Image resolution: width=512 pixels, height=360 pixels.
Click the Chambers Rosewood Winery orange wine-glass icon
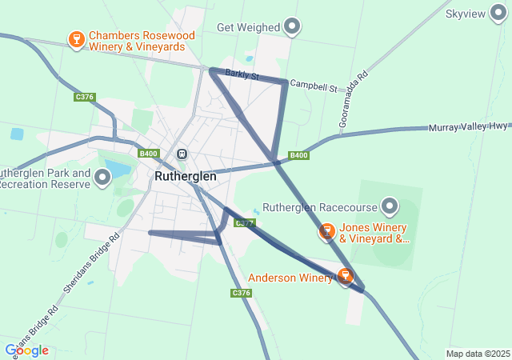point(77,40)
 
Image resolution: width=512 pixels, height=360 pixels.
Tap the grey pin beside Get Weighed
point(293,27)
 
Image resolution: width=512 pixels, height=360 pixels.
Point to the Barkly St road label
point(242,75)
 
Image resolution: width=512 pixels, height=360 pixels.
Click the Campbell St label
point(314,85)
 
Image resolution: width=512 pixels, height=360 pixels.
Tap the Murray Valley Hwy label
point(468,127)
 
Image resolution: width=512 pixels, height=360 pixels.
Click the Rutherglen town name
point(186,175)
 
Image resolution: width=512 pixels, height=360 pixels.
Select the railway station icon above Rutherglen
point(182,154)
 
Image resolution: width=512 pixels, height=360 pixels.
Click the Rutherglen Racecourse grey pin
point(390,207)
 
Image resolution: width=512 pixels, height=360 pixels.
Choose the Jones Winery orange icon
point(326,232)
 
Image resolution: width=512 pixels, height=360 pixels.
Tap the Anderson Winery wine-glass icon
point(346,276)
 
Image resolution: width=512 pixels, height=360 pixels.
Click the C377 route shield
point(244,222)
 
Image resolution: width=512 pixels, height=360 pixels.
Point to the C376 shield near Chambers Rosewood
point(84,97)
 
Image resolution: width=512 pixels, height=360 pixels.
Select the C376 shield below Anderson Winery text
point(242,294)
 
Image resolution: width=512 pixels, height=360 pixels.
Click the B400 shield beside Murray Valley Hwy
point(298,155)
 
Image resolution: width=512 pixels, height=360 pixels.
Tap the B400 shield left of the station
point(148,154)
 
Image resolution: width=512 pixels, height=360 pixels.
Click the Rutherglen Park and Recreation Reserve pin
point(102,178)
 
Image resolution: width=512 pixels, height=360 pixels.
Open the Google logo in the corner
point(26,350)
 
